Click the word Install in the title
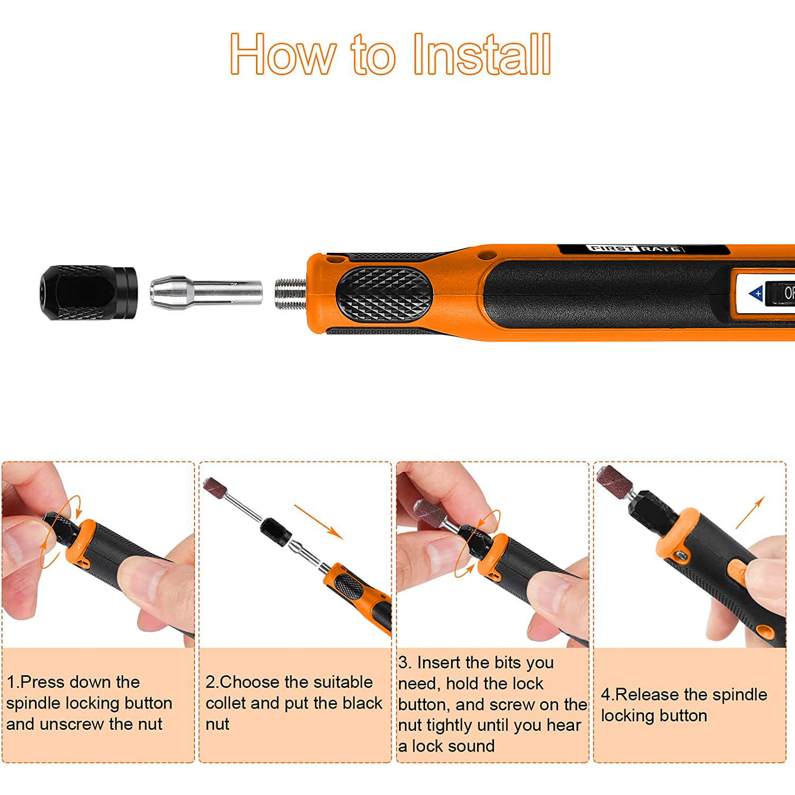[x=482, y=54]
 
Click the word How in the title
[x=283, y=54]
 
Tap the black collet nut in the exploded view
[x=89, y=293]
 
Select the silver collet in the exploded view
[x=206, y=292]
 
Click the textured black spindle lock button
[x=384, y=294]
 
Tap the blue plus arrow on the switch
[x=756, y=294]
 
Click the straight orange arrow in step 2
[x=319, y=522]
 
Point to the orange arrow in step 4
[x=750, y=513]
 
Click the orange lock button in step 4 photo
[x=737, y=572]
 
